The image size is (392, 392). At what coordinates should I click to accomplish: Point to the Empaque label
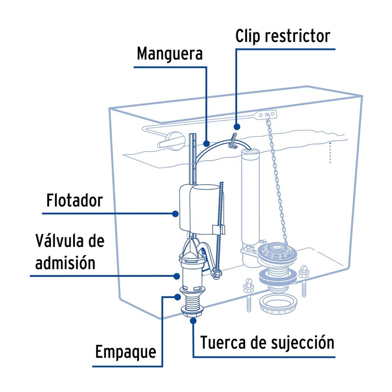[125, 351]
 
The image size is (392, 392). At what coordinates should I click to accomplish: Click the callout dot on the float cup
[175, 213]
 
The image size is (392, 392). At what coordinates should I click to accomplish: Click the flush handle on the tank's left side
[168, 141]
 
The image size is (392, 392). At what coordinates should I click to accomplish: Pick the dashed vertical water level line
[331, 152]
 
